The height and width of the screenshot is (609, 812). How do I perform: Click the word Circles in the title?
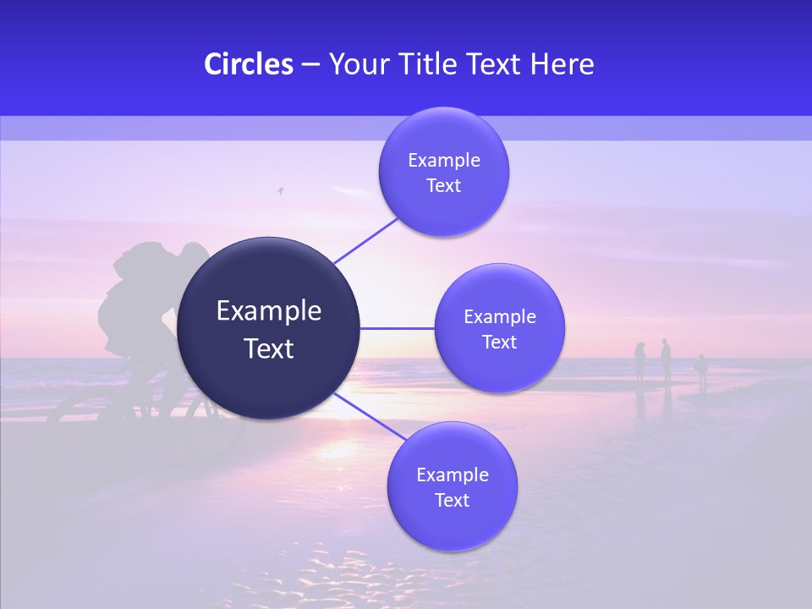click(248, 64)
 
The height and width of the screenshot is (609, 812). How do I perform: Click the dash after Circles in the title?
click(310, 65)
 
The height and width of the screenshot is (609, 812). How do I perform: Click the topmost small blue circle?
click(443, 172)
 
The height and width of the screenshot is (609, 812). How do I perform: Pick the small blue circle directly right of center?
click(499, 328)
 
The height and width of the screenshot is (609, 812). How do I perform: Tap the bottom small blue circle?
click(452, 486)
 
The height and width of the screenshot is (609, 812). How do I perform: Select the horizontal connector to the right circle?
click(397, 327)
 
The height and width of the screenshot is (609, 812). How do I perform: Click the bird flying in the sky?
click(280, 192)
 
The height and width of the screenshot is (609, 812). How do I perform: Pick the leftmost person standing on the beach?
click(640, 362)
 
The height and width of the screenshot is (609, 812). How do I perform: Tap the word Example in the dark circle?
click(269, 310)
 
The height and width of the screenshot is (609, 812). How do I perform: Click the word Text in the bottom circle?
click(452, 500)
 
